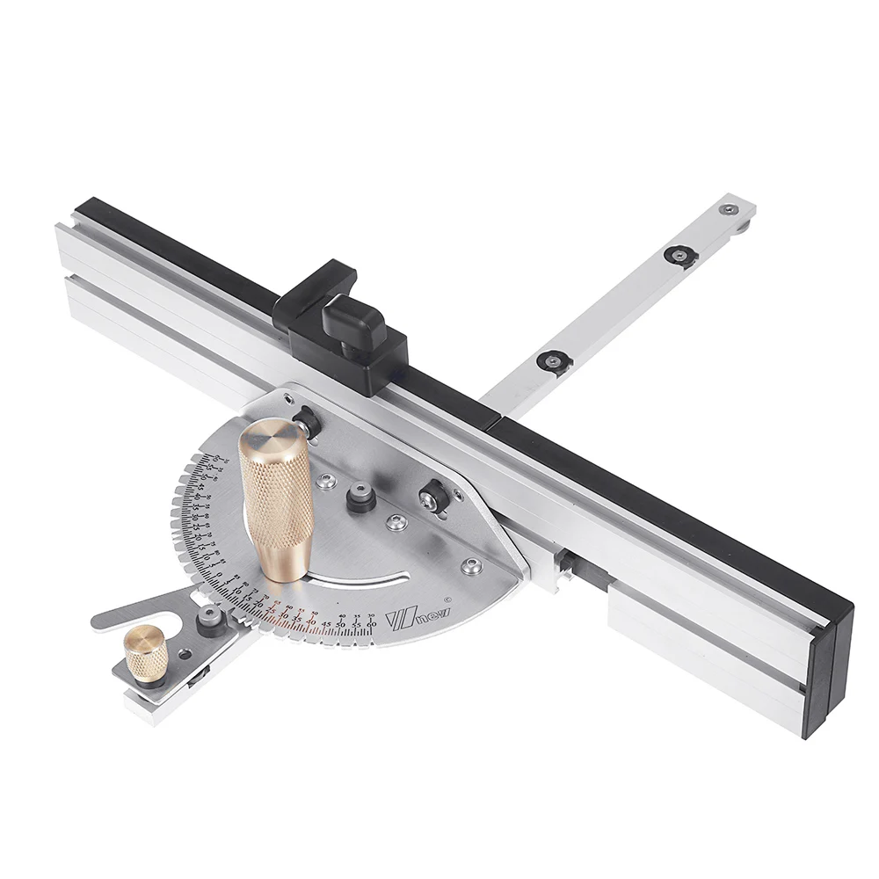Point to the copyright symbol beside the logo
(x=447, y=600)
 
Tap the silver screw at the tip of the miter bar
(x=728, y=209)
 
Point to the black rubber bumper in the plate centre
(x=358, y=499)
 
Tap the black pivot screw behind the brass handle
(x=305, y=423)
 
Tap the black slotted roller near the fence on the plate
(x=432, y=498)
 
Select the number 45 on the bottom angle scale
(x=326, y=626)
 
